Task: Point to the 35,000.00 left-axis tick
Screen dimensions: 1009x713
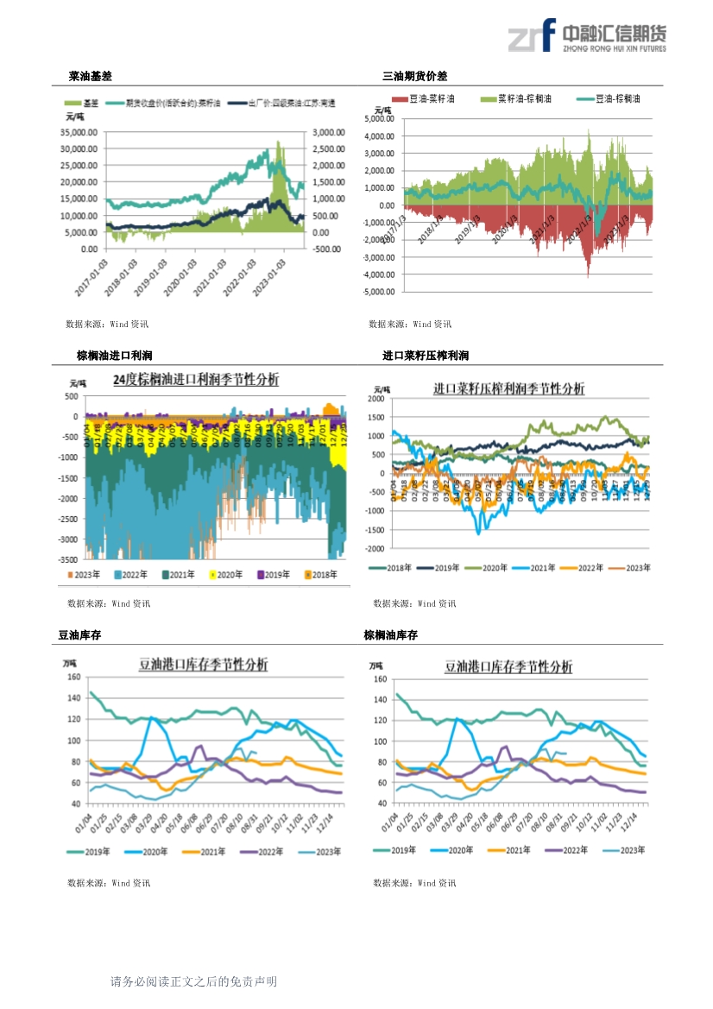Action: [79, 133]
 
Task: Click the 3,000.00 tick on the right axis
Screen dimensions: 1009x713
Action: [328, 133]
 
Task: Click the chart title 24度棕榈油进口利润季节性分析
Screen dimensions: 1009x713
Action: [196, 380]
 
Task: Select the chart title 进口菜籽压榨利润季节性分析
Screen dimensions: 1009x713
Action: [508, 388]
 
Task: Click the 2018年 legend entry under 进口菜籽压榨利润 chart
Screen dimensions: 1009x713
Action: [393, 567]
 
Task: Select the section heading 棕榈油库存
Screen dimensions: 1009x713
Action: [390, 635]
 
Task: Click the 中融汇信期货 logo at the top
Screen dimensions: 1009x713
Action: [586, 37]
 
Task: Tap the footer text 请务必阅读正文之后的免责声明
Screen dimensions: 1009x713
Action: [193, 981]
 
